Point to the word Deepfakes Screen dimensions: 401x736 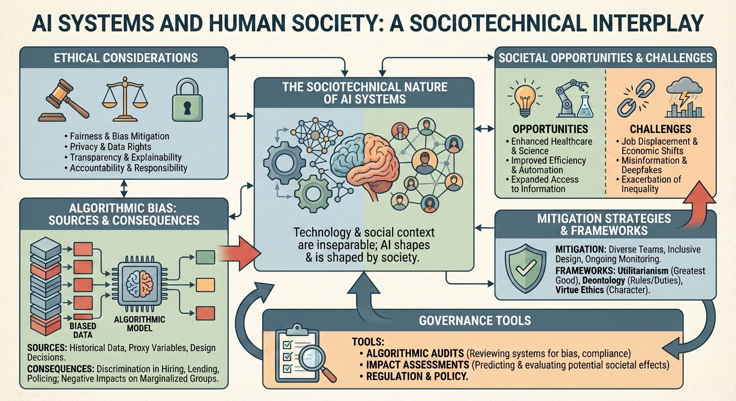642,170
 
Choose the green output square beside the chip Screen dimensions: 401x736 205,257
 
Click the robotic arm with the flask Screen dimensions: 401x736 574,98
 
